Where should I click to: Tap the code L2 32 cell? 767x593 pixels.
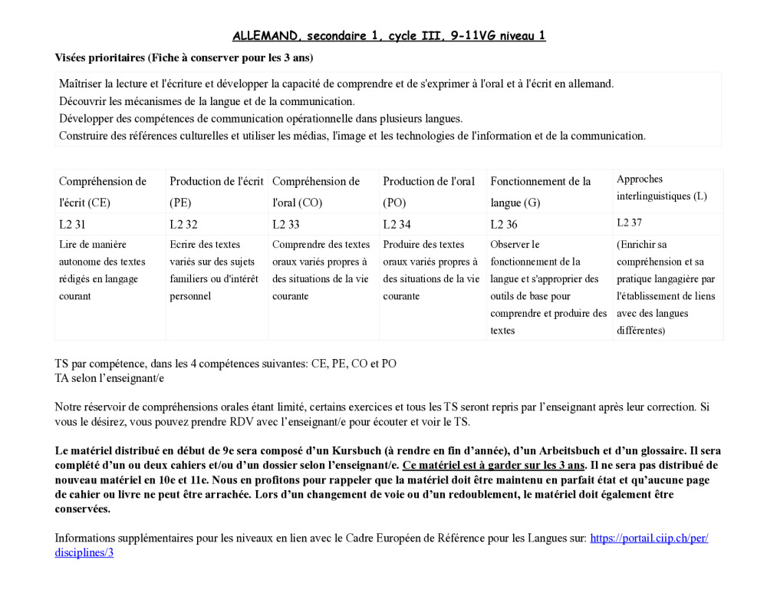point(183,224)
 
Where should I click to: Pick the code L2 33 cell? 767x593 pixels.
point(286,224)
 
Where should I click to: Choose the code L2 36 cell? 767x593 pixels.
point(504,224)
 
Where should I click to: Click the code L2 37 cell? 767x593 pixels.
point(630,222)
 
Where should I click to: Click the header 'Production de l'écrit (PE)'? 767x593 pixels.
point(216,192)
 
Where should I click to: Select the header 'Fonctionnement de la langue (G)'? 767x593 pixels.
point(541,192)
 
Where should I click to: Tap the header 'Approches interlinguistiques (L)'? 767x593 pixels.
point(661,187)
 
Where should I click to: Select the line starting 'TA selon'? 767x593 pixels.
point(110,377)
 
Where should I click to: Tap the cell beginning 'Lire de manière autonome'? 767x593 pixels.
point(102,270)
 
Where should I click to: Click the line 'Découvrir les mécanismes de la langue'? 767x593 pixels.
point(207,100)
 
